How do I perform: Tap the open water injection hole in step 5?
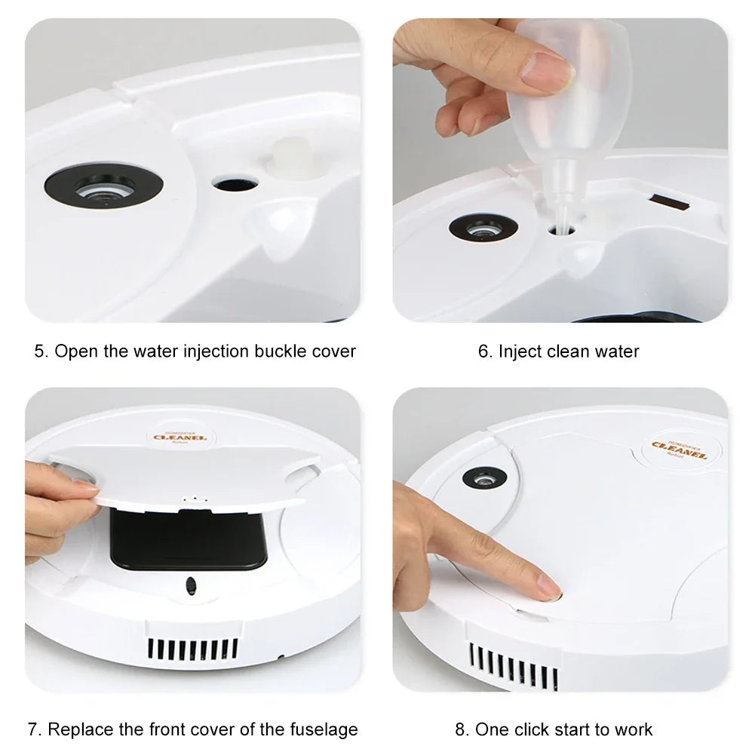[x=235, y=182]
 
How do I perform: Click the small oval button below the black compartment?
[x=191, y=585]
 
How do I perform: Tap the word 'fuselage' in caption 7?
[x=323, y=729]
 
